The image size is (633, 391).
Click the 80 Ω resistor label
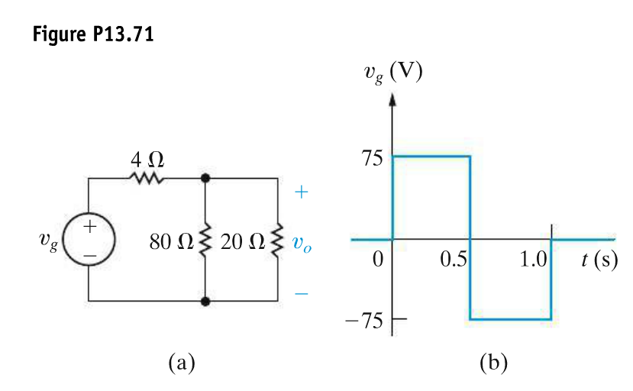pos(173,243)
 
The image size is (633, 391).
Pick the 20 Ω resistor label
pos(241,243)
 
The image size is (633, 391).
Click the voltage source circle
pos(89,239)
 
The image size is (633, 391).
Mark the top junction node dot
pos(205,178)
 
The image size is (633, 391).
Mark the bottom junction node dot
pos(205,301)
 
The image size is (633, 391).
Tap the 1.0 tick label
pos(533,259)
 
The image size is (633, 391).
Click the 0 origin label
pos(376,259)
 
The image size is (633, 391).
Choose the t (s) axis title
pos(599,258)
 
